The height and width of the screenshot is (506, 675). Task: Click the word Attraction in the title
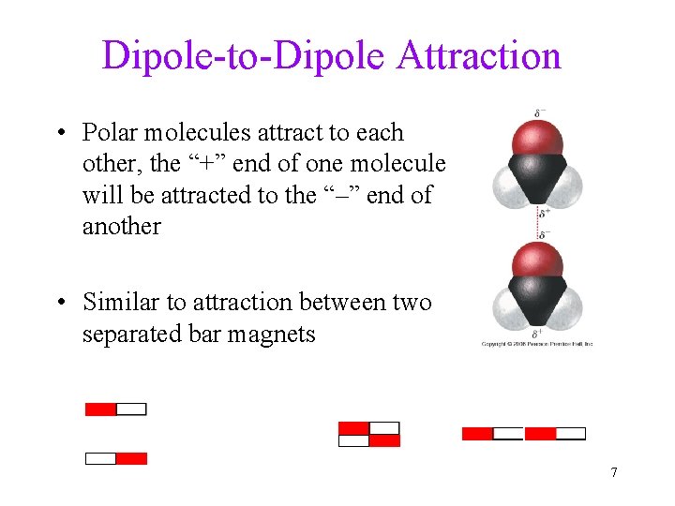(479, 56)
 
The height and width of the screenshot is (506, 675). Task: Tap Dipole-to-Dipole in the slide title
(245, 56)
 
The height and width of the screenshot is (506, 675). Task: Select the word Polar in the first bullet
(112, 133)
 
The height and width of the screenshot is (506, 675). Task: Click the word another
(122, 226)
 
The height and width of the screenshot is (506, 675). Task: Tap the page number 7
(613, 472)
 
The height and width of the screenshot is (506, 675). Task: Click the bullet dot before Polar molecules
(61, 133)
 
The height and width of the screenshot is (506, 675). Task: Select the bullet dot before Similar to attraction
(61, 303)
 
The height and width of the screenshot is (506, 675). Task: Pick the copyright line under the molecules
(537, 345)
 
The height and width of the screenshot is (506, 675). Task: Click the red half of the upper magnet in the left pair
(101, 409)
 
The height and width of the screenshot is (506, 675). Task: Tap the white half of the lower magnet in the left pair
(101, 459)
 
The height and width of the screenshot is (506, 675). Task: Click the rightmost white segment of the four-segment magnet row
(571, 434)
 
